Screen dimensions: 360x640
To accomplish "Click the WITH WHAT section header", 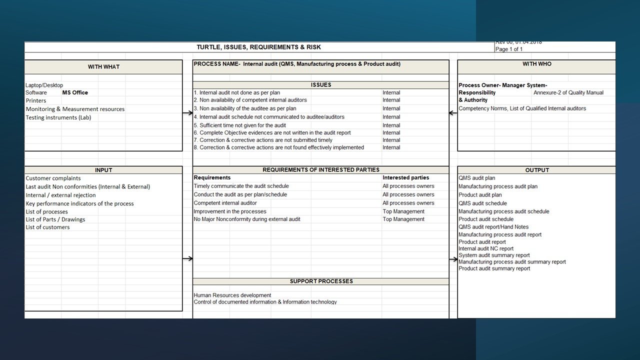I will coord(103,67).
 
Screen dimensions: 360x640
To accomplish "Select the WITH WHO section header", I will coord(536,64).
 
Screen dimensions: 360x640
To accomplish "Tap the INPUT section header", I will coord(103,170).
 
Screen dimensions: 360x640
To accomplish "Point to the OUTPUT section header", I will coord(537,170).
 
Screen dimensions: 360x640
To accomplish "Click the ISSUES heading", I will coord(320,85).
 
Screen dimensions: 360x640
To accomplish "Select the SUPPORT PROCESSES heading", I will coord(321,281).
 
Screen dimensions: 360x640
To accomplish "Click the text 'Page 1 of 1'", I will coord(509,49).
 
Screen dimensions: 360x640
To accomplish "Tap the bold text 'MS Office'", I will coord(75,92).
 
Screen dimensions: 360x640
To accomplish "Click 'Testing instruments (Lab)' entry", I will coord(58,117).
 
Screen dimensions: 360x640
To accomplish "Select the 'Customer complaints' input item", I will coord(53,178).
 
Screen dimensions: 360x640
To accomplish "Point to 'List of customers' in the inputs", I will coord(47,227).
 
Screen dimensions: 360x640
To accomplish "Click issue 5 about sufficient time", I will coord(240,125).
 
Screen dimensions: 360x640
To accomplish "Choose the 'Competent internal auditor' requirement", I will coord(225,203).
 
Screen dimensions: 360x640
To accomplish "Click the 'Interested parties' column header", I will coord(405,177).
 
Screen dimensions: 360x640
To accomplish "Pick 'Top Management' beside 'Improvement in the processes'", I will coord(403,211).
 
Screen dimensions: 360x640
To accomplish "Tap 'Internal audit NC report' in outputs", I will coord(486,248).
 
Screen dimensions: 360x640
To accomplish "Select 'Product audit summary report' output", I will coord(494,268).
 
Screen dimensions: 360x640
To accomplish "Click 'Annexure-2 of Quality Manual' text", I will coord(568,92).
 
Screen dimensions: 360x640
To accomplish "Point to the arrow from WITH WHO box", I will coord(453,113).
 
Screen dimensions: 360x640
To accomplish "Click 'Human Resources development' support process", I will coord(232,295).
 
